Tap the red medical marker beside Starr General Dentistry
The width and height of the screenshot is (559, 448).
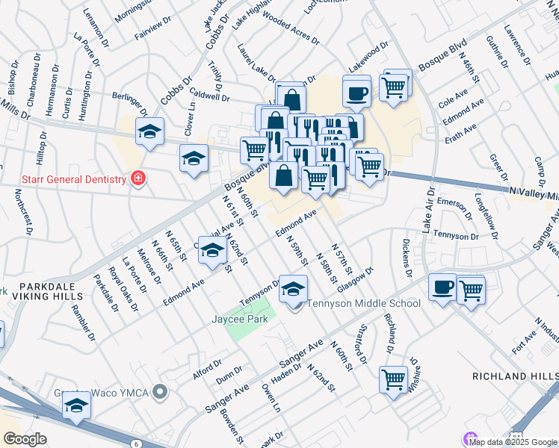point(137,178)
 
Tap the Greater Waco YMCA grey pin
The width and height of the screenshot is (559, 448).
point(160,392)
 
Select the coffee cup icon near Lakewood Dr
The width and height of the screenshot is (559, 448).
point(356,93)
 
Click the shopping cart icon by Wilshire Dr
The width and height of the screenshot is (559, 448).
point(392,379)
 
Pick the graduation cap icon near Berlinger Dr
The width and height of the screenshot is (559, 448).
point(150,132)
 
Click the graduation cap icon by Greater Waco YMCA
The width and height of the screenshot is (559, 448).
point(75,407)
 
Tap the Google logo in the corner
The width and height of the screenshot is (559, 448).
point(25,439)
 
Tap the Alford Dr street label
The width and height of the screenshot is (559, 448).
point(206,369)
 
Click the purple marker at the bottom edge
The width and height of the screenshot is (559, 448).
point(470,438)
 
